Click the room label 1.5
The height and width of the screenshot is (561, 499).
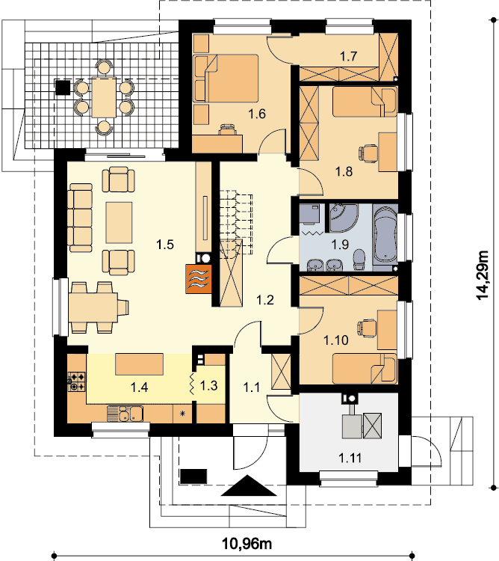coord(165,245)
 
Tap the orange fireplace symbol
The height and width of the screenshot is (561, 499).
coord(199,279)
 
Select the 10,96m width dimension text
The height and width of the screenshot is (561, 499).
coord(247,544)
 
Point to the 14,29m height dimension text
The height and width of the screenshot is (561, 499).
coord(483,275)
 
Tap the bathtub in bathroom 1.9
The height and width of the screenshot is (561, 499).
coord(385,235)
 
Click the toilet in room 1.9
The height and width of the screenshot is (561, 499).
coord(359,260)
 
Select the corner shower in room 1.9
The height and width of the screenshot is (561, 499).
coord(342,218)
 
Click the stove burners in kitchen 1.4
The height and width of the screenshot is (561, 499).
coord(76,381)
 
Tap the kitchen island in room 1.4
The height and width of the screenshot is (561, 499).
coord(139,364)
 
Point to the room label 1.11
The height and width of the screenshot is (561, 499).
coord(350,458)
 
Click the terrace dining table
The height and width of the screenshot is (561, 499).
coord(104,97)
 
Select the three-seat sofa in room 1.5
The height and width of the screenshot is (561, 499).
coord(81,218)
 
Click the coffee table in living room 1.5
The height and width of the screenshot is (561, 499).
coord(119,223)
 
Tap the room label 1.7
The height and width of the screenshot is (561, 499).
coord(349,57)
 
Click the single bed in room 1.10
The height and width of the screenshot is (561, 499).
coord(365,369)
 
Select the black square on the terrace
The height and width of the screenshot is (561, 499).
coord(63,88)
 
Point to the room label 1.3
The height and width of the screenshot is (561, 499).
coord(208,386)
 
